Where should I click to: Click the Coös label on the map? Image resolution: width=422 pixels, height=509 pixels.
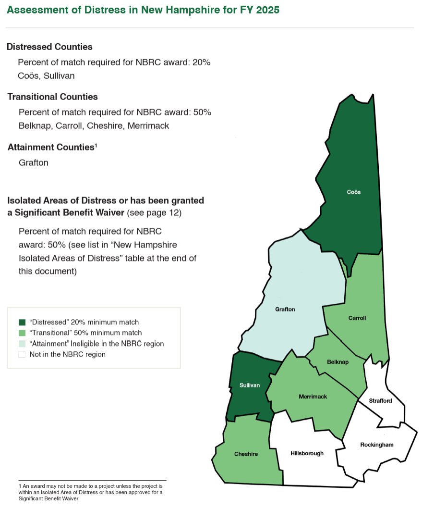353,192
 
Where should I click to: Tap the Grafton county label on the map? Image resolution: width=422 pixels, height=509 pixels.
285,310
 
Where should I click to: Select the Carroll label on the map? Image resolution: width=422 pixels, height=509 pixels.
357,318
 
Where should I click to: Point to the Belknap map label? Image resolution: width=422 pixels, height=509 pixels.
338,362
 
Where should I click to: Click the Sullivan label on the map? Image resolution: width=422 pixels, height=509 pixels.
250,385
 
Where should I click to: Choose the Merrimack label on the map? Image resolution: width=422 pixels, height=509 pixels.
313,397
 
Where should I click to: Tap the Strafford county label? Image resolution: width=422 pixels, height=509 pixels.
380,401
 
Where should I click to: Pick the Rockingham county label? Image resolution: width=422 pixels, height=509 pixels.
376,445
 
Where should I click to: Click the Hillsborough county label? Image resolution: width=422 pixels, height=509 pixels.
307,453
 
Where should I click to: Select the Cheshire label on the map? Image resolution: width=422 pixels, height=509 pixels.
246,454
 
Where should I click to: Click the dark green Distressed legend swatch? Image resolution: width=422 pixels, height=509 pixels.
22,322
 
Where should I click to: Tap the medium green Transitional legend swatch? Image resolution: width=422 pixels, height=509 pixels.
22,333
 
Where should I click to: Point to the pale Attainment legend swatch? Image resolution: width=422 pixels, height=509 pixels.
22,344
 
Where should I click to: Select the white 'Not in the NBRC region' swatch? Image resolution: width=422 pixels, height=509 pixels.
22,354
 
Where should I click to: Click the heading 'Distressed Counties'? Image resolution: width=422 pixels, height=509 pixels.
49,47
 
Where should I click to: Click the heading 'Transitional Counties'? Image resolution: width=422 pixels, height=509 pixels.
52,97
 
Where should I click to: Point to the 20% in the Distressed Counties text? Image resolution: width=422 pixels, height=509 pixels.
201,62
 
